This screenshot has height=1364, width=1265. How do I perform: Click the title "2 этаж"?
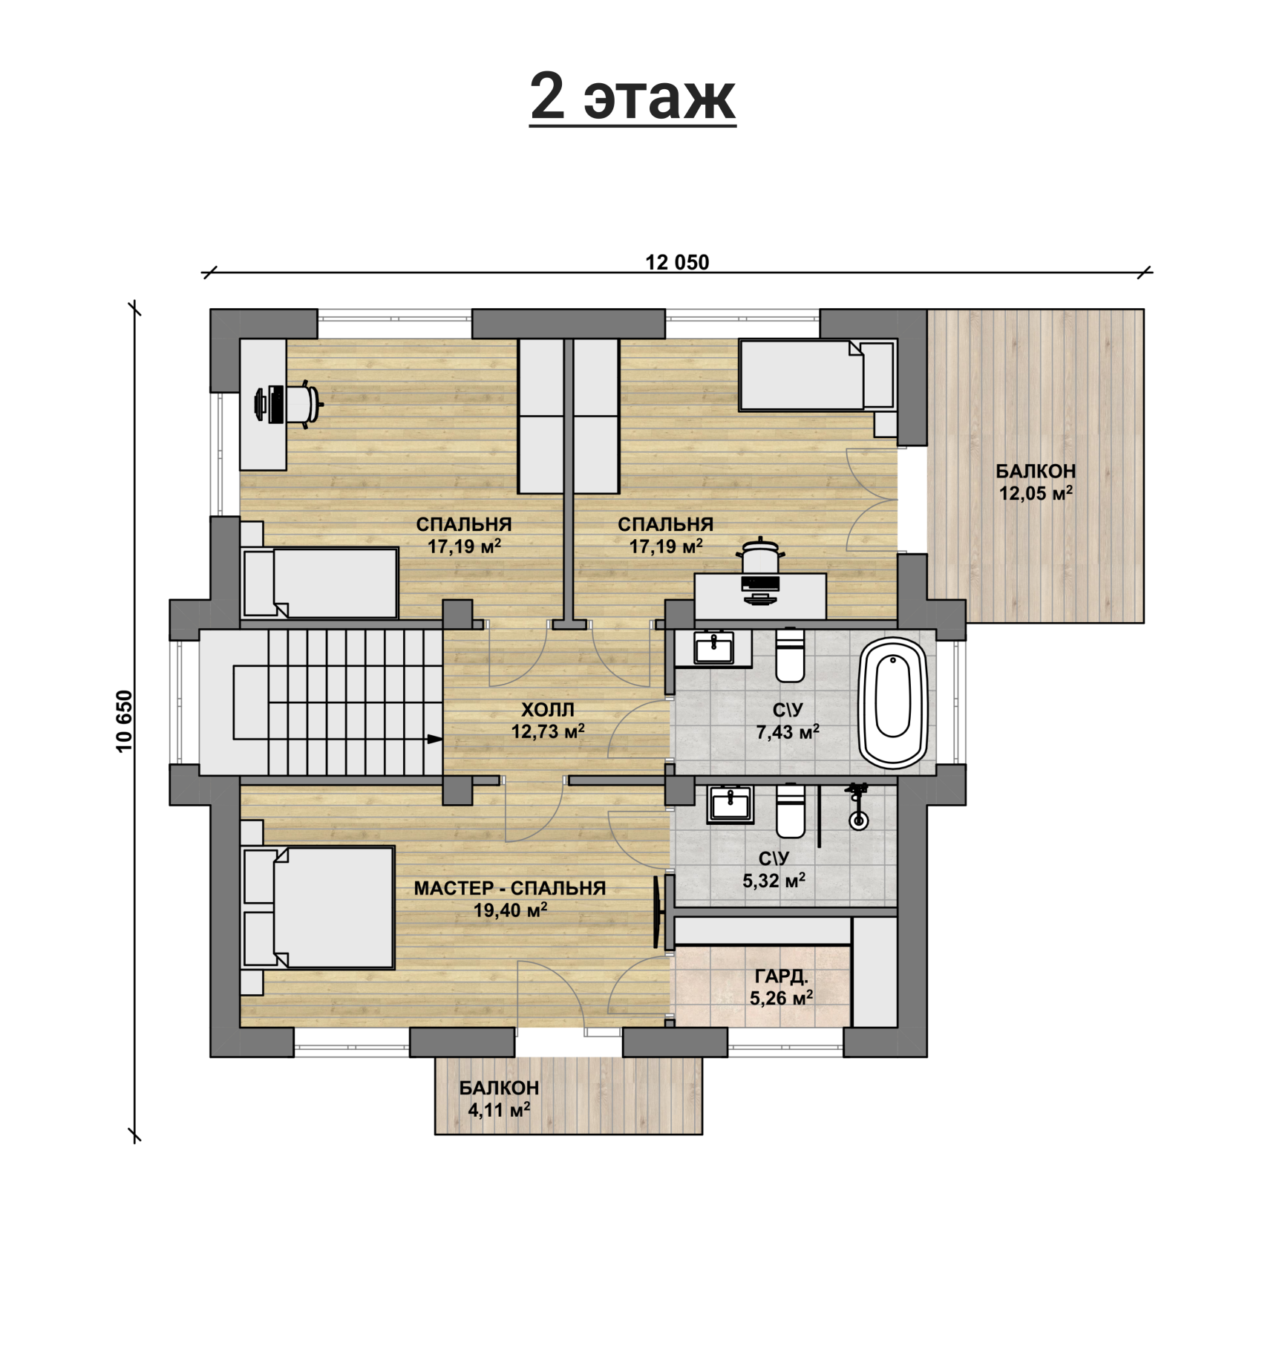pos(632,97)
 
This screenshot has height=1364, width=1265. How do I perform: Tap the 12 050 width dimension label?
pos(677,262)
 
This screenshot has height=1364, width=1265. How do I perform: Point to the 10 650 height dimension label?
pos(124,720)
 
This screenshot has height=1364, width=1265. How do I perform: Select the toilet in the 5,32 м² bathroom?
pos(790,811)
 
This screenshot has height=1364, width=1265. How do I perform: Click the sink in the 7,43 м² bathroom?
pos(713,648)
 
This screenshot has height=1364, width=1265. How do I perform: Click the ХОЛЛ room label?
pos(548,710)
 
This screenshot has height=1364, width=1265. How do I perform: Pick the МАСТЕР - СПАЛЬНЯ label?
pos(510,888)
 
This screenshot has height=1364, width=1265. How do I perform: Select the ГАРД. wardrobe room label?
pos(781,976)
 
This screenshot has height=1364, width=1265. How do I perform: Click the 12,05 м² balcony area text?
pos(1036,492)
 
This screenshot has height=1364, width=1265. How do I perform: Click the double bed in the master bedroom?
pos(318,907)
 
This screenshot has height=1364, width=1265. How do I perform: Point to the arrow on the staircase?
pos(434,739)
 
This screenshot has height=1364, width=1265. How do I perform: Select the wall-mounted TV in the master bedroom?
pos(657,912)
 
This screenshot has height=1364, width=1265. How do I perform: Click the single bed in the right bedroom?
pos(817,375)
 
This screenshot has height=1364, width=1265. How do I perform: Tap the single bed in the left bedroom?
pos(320,583)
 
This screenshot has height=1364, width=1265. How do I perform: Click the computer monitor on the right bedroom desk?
pos(760,584)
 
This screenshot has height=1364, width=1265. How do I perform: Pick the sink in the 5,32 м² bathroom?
pos(730,804)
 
